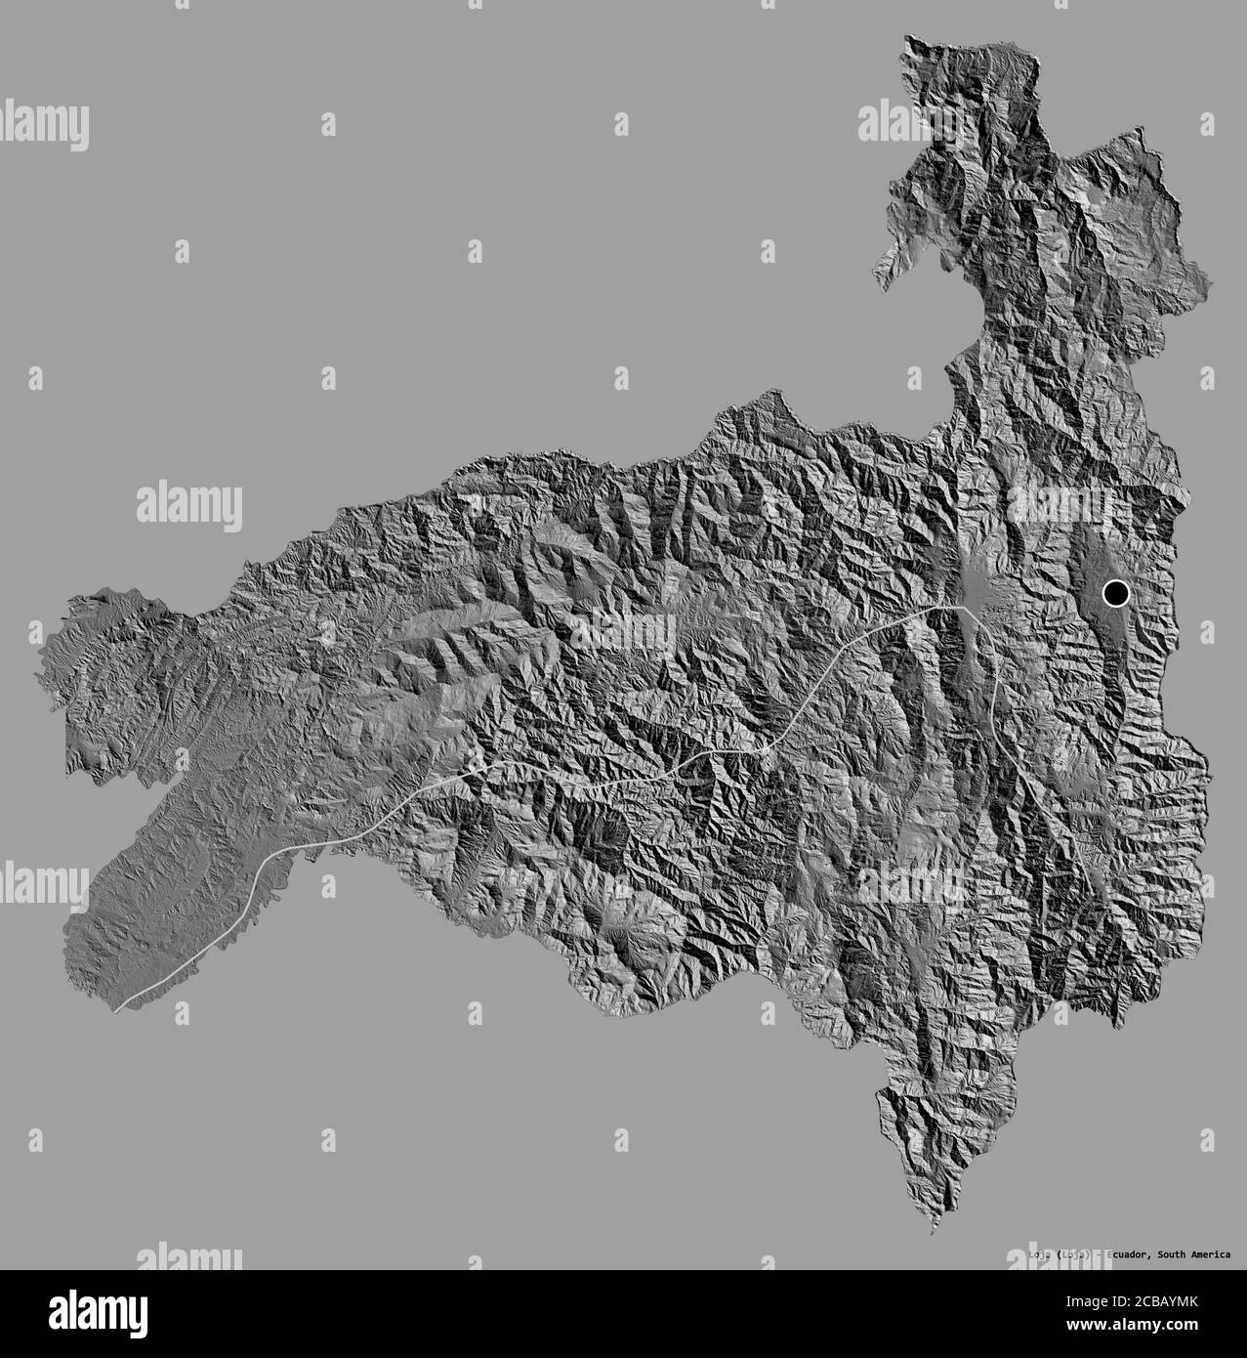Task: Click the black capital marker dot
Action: coord(1115,592)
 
